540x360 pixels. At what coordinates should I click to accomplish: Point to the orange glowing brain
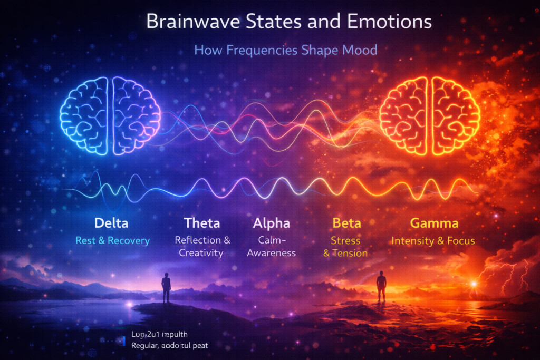tap(429, 115)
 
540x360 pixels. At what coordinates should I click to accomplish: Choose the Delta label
tap(111, 223)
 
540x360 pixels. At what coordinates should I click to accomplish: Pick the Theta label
tap(202, 223)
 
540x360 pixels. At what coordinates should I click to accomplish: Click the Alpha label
tap(271, 223)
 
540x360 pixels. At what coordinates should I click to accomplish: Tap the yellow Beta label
tap(346, 223)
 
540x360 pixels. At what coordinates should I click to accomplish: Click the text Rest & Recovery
tap(112, 241)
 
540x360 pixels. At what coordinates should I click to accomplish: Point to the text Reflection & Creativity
tap(202, 246)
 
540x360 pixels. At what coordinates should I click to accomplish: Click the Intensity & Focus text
tap(433, 241)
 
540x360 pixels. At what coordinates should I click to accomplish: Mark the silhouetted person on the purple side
tap(166, 288)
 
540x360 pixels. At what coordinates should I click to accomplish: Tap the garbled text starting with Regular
tap(169, 345)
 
